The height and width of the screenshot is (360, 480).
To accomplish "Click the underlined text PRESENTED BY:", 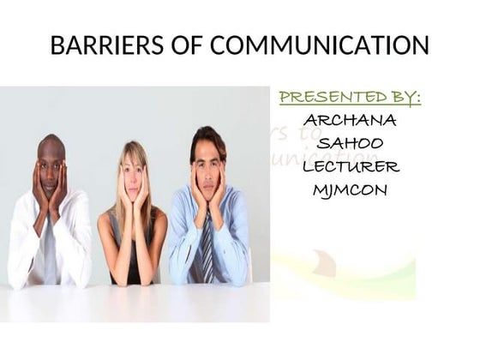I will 351,97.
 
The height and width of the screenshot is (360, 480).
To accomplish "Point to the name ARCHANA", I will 350,120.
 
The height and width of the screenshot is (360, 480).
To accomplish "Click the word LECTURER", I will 350,166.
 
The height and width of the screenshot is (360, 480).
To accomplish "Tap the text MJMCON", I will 350,189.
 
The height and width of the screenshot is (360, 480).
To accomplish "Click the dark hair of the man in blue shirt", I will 208,137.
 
